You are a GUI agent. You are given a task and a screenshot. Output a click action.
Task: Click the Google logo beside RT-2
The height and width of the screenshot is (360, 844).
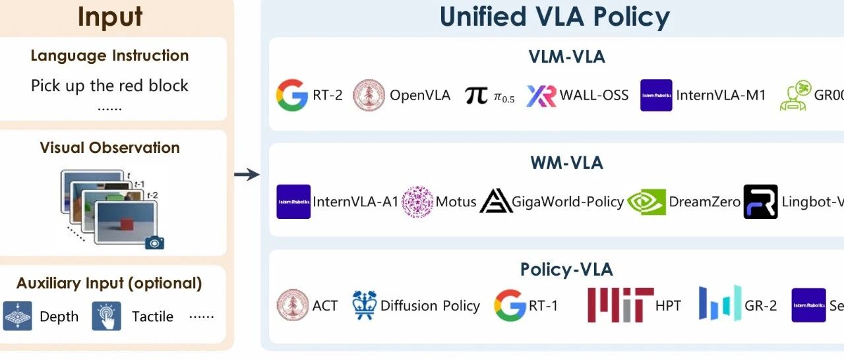point(291,95)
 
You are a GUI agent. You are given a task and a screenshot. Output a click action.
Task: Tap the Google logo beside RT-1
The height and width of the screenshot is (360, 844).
point(510,305)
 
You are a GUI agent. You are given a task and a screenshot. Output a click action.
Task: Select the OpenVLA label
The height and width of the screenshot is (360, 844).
point(420,95)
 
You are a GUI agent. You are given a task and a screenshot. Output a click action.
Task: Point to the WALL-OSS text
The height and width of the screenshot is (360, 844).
point(594,95)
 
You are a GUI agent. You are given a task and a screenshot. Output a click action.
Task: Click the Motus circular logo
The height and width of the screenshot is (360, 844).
point(417,201)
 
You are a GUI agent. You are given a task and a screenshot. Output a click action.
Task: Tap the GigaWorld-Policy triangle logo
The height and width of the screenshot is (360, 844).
point(496,201)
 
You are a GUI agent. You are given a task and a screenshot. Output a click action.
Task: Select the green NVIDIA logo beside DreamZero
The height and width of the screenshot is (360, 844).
point(646,201)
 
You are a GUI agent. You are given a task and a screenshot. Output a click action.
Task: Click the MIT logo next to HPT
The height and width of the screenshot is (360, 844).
point(620,305)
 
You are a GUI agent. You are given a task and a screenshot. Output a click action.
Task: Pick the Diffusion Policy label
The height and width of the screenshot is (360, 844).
point(430,306)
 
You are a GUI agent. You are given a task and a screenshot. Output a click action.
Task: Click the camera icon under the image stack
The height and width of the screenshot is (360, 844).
point(154,242)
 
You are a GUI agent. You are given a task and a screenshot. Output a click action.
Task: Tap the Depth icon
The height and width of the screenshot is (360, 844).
point(18,316)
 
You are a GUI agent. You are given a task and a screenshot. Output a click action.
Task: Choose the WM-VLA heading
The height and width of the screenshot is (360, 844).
point(566,162)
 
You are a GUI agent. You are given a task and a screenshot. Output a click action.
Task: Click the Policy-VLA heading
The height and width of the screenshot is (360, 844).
point(566,269)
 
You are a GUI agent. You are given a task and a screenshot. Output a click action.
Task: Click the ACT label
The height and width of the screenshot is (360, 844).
point(324,306)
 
